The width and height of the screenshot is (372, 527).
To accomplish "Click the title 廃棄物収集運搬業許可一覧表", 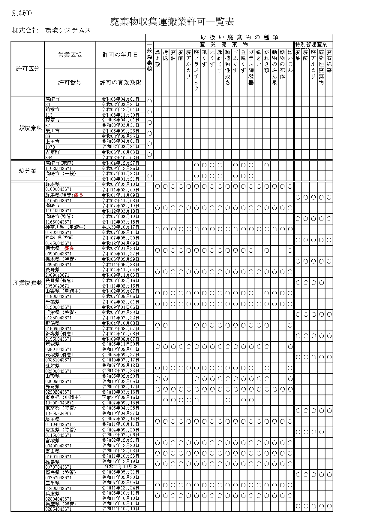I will (172, 22).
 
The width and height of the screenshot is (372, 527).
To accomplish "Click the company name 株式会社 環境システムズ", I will (51, 30).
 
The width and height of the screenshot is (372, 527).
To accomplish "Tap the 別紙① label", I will (22, 13).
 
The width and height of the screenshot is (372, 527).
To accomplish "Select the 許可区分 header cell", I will (28, 69).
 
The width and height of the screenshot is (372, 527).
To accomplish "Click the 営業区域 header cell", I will (70, 55).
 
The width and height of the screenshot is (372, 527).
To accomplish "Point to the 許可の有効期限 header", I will (121, 82).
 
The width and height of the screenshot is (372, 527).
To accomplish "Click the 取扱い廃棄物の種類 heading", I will (239, 38).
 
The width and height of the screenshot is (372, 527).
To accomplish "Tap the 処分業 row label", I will (28, 171).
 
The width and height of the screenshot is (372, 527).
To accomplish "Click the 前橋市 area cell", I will (52, 110).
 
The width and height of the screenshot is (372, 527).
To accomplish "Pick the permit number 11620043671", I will (58, 169).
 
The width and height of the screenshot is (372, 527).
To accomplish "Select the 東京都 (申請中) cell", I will (63, 397).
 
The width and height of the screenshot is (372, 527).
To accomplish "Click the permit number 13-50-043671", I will (60, 413).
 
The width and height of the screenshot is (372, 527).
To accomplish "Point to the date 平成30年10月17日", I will (120, 227).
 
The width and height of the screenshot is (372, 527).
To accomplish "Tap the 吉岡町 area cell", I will (52, 152).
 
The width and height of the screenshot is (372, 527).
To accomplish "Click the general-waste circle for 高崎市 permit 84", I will (150, 101).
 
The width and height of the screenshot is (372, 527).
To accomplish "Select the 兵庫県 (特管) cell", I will (61, 504).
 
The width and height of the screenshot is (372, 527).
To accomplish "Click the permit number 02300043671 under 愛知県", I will (58, 371).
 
